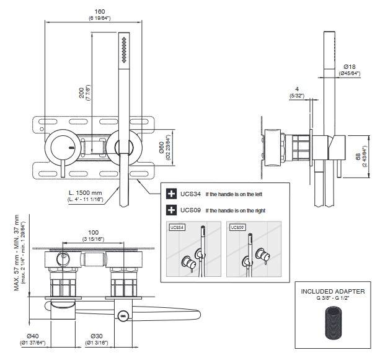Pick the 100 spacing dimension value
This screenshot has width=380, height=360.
coord(93,231)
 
